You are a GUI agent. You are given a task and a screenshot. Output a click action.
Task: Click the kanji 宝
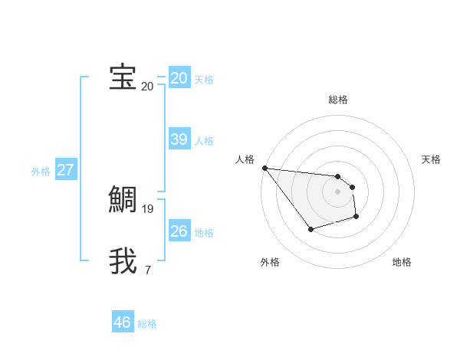(x=123, y=77)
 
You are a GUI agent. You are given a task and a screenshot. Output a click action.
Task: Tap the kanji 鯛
(x=123, y=200)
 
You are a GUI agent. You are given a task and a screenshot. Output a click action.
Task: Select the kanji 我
(x=123, y=261)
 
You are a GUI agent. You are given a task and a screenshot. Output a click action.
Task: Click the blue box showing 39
(x=179, y=139)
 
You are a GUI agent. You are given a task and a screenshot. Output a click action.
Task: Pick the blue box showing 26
(x=179, y=231)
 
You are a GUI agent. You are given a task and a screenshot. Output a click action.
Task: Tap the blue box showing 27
(x=65, y=170)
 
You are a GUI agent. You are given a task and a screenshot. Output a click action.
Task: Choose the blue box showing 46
(x=122, y=322)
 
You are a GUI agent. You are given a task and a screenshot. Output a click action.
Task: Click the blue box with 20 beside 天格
(x=179, y=78)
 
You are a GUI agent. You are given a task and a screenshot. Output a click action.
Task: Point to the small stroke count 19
(x=148, y=208)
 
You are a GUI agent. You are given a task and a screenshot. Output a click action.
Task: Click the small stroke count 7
(x=147, y=270)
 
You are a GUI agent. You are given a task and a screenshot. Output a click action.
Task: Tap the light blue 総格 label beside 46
(x=147, y=324)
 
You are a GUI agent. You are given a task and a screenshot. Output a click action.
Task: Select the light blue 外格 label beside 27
(x=41, y=172)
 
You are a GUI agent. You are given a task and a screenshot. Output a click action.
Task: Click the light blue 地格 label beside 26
(x=204, y=233)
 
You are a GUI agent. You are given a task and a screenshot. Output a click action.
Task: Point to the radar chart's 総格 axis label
(x=337, y=100)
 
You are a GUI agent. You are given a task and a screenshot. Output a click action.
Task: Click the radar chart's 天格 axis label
(x=432, y=159)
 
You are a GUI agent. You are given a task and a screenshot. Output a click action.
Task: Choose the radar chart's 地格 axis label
(x=402, y=262)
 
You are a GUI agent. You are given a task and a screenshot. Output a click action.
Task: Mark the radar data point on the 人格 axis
(x=264, y=168)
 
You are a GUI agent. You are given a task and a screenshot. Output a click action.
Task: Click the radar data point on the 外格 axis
(x=310, y=229)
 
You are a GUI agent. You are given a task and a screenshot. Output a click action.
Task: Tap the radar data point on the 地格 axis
(x=356, y=217)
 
